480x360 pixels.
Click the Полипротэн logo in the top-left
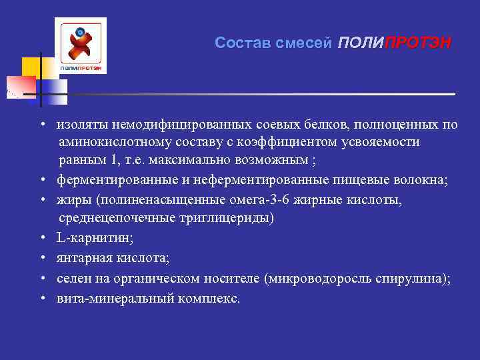[81, 45]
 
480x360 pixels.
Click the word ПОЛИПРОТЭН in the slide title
[394, 43]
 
